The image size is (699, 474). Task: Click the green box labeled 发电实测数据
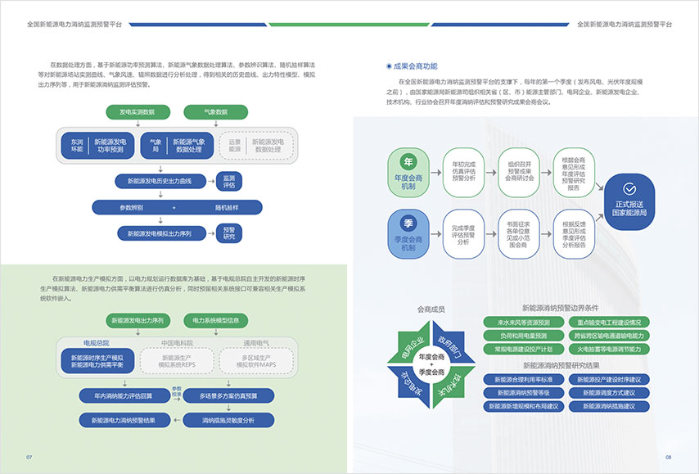click(137, 111)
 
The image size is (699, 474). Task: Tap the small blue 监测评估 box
click(229, 180)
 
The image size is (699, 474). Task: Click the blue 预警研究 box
click(229, 233)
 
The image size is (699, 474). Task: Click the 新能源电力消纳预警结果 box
click(124, 420)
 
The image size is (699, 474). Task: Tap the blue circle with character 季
click(408, 223)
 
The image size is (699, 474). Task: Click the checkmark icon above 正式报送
click(629, 187)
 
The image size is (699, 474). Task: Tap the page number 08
click(668, 457)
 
